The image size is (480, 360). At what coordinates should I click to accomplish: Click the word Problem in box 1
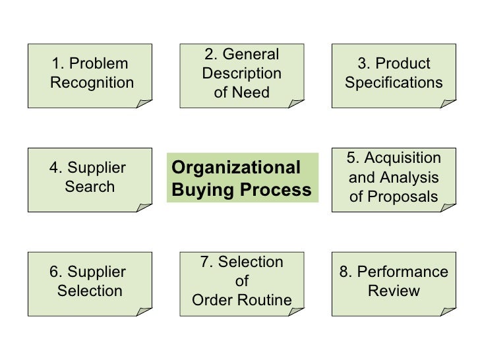tap(99, 64)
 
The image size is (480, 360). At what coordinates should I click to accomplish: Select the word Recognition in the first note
tap(92, 83)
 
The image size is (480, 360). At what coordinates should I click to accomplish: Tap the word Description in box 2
tap(242, 73)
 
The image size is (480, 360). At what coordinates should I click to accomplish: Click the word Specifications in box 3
tap(394, 83)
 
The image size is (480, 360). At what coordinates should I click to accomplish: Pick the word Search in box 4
tap(90, 187)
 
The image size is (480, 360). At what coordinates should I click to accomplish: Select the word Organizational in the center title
tap(235, 167)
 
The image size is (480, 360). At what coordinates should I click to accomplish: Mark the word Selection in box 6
tap(90, 291)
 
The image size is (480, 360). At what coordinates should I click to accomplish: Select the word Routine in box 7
tap(267, 301)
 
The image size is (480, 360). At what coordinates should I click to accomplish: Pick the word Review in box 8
tap(394, 291)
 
